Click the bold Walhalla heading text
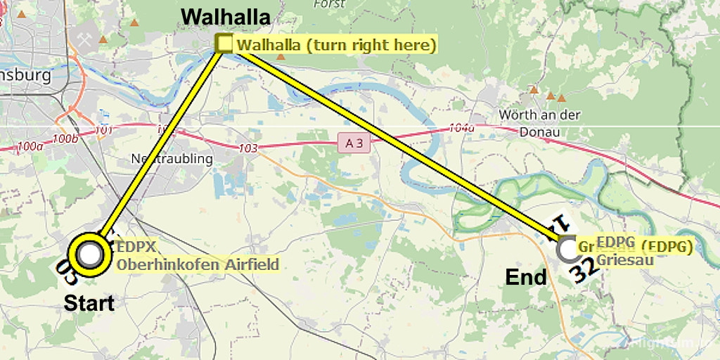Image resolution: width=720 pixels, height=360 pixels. tap(226, 16)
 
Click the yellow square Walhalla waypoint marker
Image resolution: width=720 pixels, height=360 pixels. tap(224, 44)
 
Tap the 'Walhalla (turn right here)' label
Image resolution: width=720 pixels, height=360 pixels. tap(337, 46)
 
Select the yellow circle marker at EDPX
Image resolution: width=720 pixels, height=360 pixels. tap(90, 255)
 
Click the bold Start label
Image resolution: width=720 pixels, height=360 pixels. tap(89, 303)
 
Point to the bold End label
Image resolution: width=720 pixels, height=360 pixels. tap(526, 278)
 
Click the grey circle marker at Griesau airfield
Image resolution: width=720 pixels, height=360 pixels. tap(567, 248)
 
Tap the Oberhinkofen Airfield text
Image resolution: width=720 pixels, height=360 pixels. tap(198, 264)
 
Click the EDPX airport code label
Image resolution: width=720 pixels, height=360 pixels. tap(136, 247)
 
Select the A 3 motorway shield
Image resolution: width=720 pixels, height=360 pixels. tap(353, 143)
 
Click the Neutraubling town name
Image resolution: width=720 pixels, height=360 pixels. tap(172, 159)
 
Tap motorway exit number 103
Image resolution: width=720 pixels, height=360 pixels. tap(248, 148)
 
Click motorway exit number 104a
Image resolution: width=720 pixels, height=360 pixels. tap(462, 128)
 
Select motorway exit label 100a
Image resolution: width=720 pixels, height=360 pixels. tap(30, 146)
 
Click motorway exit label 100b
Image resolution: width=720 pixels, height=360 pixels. tap(65, 139)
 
